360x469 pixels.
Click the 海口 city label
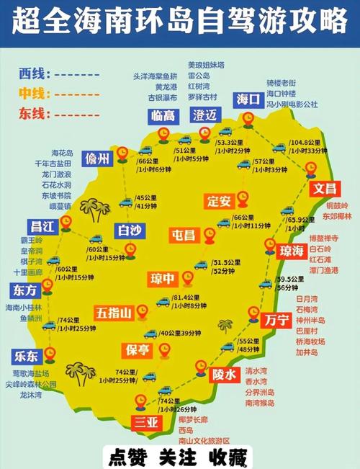247,100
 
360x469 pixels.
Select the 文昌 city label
325,189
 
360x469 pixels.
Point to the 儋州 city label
97,159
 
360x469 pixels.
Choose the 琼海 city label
289,251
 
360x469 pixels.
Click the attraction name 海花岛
63,153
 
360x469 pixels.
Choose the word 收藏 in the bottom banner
230,456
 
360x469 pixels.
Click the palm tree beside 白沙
94,210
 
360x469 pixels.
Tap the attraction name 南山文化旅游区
203,440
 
